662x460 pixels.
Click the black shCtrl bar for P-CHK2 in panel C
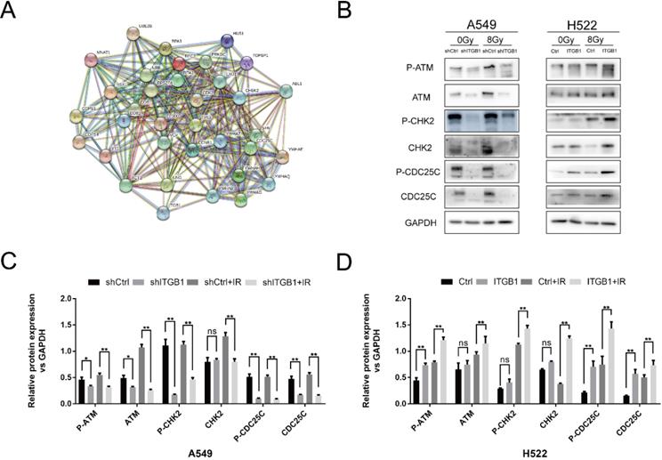click(x=166, y=372)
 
